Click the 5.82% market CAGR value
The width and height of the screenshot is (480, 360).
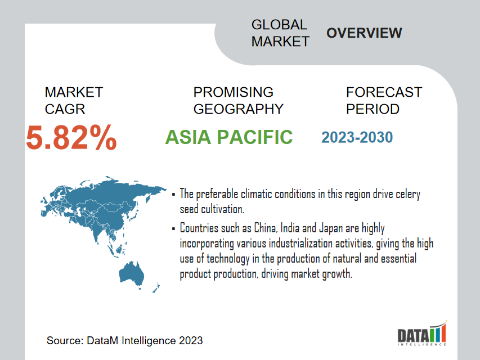tap(71, 138)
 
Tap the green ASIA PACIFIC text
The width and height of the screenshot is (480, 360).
tap(229, 137)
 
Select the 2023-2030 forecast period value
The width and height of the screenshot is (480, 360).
tap(357, 137)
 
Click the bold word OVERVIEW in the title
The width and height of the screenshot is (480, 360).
tap(364, 33)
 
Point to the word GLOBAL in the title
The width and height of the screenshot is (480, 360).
tap(279, 25)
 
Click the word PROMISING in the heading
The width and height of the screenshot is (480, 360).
tap(234, 92)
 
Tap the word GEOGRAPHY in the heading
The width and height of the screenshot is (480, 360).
tap(239, 109)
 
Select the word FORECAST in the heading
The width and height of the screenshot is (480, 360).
tap(384, 92)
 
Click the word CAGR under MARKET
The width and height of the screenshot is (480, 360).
tap(65, 109)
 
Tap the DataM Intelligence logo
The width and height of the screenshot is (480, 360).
tap(422, 333)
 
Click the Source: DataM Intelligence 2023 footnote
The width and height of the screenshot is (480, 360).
tap(124, 340)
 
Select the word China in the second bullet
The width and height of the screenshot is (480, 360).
tap(266, 228)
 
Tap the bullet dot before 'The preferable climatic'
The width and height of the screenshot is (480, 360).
tap(173, 195)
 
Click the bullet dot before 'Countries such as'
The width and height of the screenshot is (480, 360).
tap(173, 228)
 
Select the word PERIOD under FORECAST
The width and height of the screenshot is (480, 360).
tap(373, 109)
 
